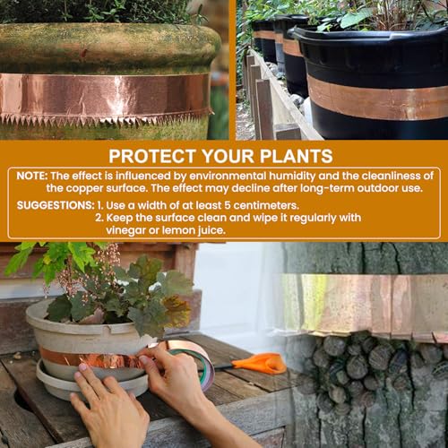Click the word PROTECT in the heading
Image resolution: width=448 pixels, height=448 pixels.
[x=152, y=156]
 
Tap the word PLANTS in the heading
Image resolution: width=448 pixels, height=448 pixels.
[x=296, y=156]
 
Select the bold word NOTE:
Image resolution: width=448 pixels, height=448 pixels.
[x=32, y=176]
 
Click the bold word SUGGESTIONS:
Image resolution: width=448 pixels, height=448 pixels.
[x=56, y=205]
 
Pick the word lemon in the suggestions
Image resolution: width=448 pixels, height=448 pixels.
[x=178, y=230]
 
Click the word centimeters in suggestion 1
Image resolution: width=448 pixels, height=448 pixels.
[x=266, y=205]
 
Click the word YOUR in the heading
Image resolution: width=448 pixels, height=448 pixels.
[x=228, y=156]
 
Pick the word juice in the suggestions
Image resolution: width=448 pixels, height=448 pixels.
[x=211, y=230]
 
